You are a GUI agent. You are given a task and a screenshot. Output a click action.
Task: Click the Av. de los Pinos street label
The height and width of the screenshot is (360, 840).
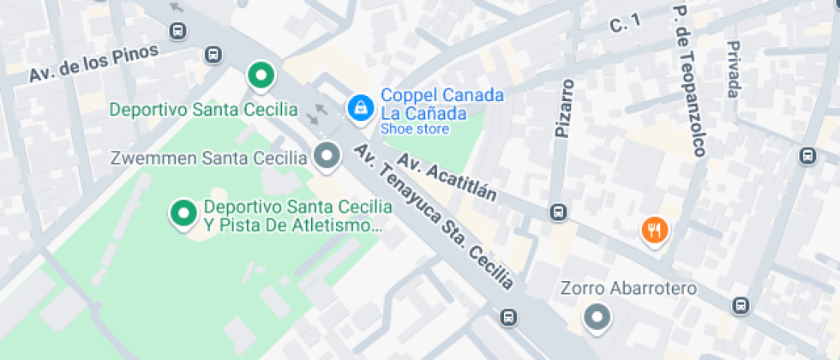pos(94,63)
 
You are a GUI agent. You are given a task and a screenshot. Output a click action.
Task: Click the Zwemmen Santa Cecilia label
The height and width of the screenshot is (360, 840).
pos(209,158)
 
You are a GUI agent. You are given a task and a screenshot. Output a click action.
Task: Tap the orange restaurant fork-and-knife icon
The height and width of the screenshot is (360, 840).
pos(655,229)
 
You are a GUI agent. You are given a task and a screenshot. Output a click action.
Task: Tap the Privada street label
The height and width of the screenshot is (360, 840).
pos(733,69)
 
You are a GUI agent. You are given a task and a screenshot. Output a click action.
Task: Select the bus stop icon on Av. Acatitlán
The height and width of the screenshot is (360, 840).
pos(559,212)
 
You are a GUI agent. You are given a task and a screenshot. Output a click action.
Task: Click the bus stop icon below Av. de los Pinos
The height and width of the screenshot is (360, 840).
pos(213,56)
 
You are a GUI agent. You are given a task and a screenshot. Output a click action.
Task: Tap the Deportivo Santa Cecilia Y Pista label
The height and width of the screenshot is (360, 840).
pos(293,217)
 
